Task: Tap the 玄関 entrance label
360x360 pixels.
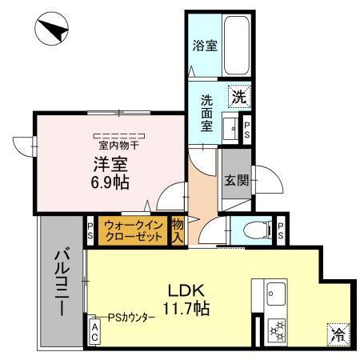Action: (235, 181)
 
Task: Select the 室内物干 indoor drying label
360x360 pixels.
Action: (119, 145)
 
